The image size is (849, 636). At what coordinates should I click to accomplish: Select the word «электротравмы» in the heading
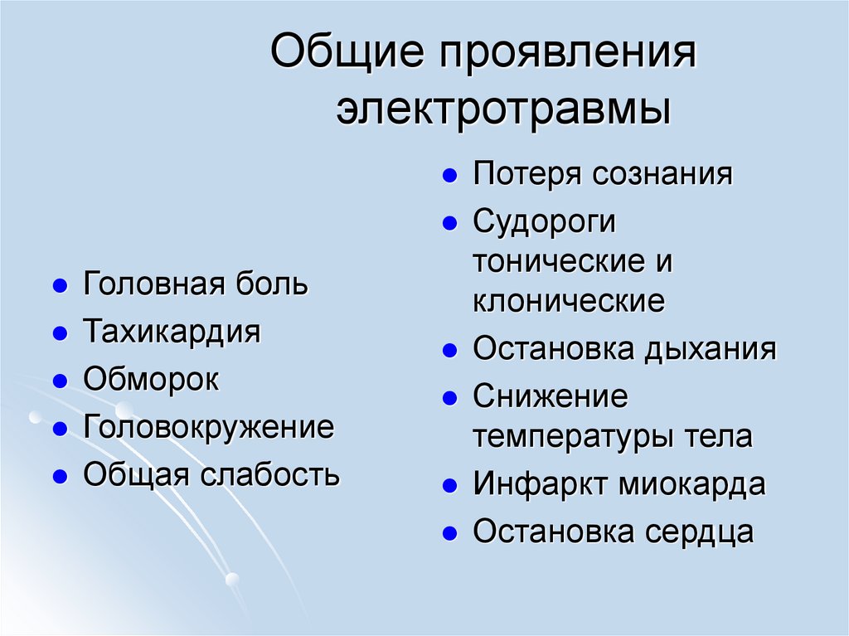pyautogui.click(x=503, y=110)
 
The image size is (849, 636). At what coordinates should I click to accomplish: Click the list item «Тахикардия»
pyautogui.click(x=172, y=333)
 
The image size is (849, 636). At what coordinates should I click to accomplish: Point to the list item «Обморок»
pyautogui.click(x=151, y=381)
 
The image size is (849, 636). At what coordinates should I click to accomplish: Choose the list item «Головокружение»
pyautogui.click(x=208, y=429)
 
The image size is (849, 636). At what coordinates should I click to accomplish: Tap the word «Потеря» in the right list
pyautogui.click(x=527, y=175)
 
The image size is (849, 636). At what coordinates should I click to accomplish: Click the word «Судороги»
pyautogui.click(x=545, y=223)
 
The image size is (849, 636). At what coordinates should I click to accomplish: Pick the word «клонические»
pyautogui.click(x=569, y=302)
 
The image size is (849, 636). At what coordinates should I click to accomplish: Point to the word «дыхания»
pyautogui.click(x=710, y=349)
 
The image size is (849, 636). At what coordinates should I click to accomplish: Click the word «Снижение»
pyautogui.click(x=551, y=397)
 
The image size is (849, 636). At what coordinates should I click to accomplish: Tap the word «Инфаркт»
pyautogui.click(x=541, y=484)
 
